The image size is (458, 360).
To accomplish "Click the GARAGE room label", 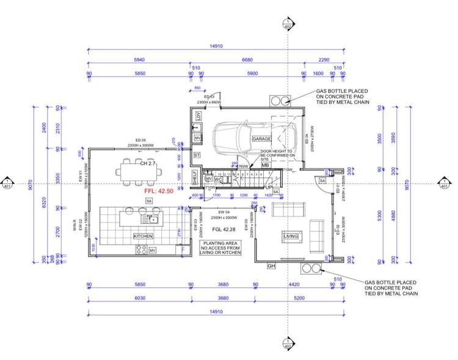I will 262,139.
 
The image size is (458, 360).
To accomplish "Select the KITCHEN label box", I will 143,236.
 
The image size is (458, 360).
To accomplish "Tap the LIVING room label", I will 291,236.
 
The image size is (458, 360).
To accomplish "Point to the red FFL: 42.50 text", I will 159,191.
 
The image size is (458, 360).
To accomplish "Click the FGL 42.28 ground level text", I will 225,229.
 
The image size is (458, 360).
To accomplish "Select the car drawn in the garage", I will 244,141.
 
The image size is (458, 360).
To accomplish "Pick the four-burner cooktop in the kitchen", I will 141,249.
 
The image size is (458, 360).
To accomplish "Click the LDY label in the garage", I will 198,116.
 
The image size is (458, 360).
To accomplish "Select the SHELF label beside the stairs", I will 195,178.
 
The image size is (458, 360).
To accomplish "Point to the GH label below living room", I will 272,266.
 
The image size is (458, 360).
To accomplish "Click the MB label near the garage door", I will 266,165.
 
